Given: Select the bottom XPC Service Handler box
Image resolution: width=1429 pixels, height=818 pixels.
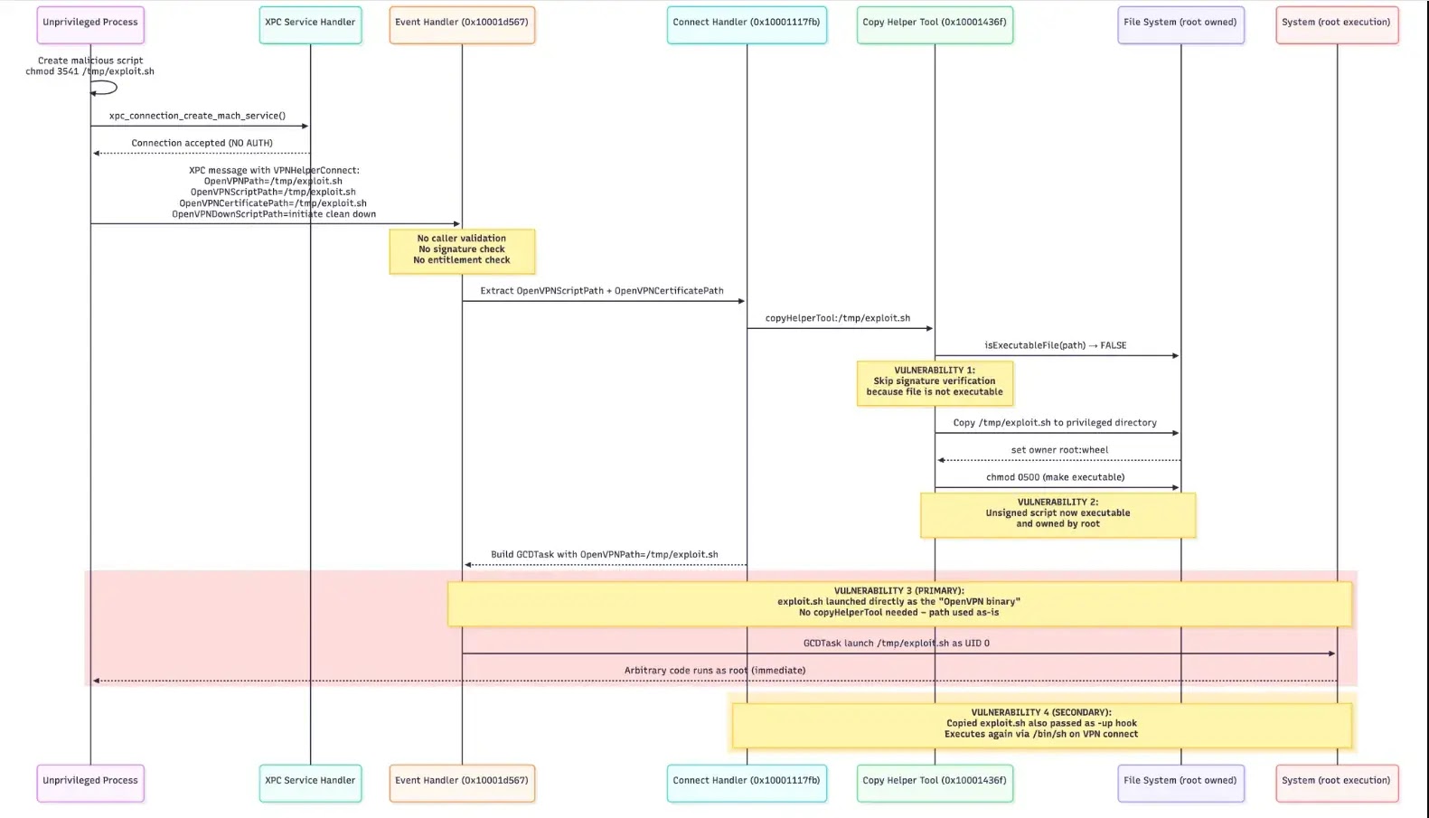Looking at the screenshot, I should coord(310,782).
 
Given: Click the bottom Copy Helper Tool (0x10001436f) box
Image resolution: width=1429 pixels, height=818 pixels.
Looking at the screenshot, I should coord(935,782).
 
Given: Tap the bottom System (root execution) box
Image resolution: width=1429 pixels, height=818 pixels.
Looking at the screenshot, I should coord(1336,782).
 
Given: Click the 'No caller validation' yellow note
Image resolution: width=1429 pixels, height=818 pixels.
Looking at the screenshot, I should coord(462,250).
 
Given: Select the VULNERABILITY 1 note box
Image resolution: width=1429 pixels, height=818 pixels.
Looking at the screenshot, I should coord(935,382).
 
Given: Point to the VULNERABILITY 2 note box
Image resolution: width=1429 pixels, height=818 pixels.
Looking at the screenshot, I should coord(1058,514).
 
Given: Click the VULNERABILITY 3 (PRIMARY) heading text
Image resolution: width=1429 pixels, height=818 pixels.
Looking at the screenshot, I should coord(898,591).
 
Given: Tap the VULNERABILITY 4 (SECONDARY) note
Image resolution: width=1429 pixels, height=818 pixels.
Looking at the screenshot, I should coord(1041,724).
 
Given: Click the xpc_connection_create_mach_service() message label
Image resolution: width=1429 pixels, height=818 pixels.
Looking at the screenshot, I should coord(197,116).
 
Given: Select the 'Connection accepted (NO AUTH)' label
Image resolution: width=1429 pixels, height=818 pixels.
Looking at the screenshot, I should coord(202,143).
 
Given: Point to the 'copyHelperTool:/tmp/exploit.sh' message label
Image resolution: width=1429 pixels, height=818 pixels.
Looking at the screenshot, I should coord(838,318).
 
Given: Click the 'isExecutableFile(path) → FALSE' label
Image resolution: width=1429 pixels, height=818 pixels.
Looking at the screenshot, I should coord(1055,345).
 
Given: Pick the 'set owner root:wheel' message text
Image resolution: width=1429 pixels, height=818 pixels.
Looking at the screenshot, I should coord(1059,450).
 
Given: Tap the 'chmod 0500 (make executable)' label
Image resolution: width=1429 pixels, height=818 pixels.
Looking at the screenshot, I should coord(1055,477).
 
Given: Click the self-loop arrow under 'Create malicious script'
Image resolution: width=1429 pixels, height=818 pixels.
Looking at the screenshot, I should coord(107,88).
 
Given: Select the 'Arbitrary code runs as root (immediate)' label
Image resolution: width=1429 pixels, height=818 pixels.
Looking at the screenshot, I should coord(714,671).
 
